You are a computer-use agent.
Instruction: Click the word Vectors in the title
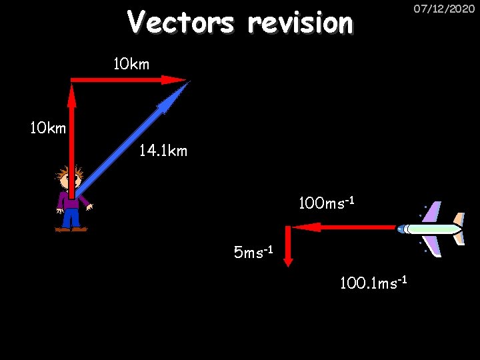point(180,22)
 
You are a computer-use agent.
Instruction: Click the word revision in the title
point(300,23)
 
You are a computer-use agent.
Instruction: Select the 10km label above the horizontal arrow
point(131,64)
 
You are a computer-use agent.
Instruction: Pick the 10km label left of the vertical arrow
point(48,127)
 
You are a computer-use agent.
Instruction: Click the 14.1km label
point(163,151)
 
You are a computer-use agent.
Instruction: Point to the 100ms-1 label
point(325,202)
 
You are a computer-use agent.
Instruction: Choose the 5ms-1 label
point(254,253)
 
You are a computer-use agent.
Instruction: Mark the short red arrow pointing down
point(287,247)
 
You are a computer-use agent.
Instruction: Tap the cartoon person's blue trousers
point(71,217)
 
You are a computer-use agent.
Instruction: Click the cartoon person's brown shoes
point(71,229)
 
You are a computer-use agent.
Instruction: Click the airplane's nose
point(399,229)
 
